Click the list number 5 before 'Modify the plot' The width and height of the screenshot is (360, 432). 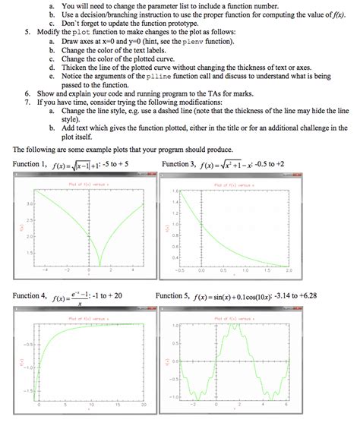click(27, 33)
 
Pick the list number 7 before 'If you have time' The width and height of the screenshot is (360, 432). click(27, 99)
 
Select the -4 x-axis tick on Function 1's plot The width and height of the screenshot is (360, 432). click(46, 270)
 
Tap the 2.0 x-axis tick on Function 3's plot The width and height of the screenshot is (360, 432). click(289, 270)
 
